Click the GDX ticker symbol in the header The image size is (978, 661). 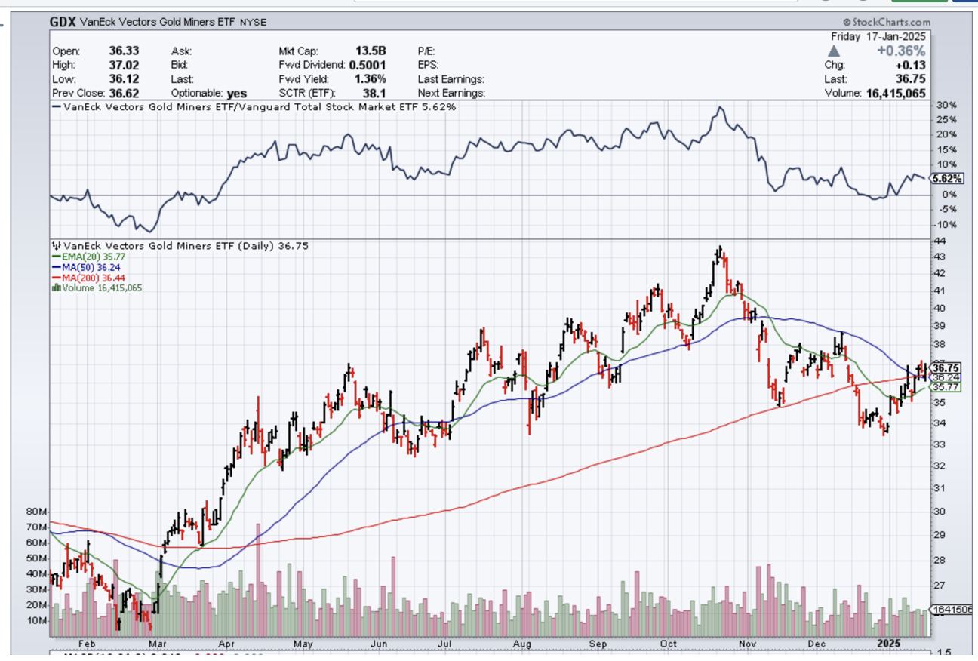(63, 22)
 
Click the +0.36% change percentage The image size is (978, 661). (900, 51)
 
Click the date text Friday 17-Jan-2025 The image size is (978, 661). (879, 36)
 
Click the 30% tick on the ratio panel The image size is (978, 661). (946, 105)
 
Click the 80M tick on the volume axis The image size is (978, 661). (37, 512)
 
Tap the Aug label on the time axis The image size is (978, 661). (521, 644)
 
